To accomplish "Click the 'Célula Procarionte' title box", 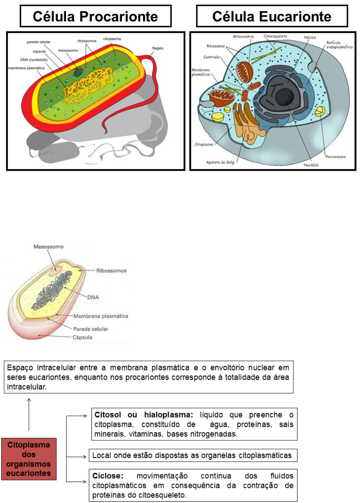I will (x=95, y=16).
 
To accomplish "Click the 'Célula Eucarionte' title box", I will (x=272, y=16).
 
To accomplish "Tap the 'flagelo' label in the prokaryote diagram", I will (x=158, y=48).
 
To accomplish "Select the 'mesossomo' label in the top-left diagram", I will (x=68, y=51).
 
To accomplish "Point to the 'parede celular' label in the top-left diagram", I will (x=39, y=42).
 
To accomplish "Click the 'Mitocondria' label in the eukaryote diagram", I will (x=243, y=36).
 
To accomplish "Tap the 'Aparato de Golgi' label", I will (x=220, y=162).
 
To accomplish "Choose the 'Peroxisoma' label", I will (x=336, y=157).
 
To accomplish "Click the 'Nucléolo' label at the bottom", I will (x=311, y=165).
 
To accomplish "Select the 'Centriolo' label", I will (x=211, y=57).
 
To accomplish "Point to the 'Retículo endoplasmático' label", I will (x=339, y=45).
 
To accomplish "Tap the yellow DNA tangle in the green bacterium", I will (x=88, y=84).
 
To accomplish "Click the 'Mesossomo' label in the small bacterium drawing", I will (x=48, y=247).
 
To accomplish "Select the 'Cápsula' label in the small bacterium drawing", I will (x=82, y=337).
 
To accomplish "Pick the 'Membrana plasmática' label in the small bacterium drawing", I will (x=100, y=316).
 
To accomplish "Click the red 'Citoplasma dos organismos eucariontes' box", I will (x=29, y=459).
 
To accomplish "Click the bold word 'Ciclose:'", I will (x=108, y=476).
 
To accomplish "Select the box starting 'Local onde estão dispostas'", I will (x=193, y=456).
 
